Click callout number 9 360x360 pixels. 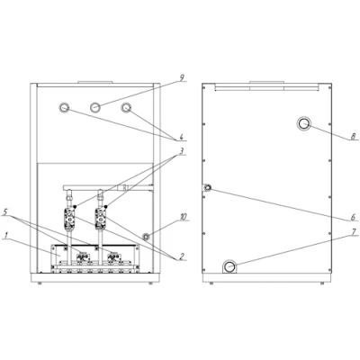pos(182,78)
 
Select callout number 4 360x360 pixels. pos(181,138)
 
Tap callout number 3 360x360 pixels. pos(181,151)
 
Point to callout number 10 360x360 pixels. pos(184,217)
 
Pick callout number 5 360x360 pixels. pos(5,211)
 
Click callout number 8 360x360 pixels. pos(353,136)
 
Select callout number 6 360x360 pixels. pos(353,217)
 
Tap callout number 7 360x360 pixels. pos(354,231)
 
